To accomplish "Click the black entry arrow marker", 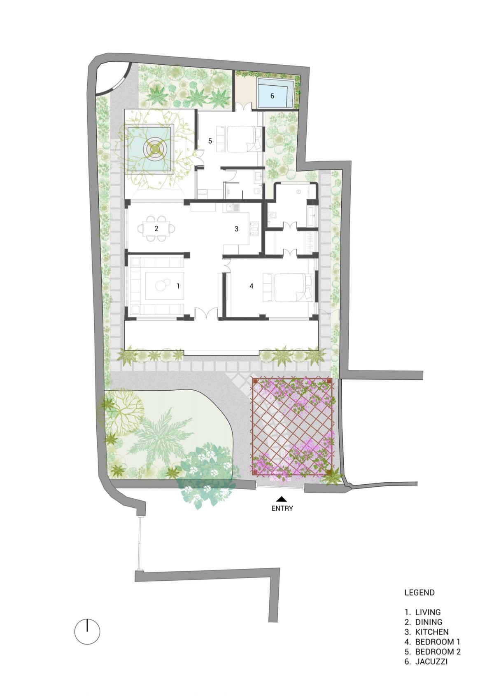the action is click(282, 499).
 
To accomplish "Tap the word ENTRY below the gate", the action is click(282, 508).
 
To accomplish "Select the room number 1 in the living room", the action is click(178, 286).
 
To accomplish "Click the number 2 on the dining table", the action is click(156, 228).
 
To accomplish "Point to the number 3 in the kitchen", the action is click(237, 229).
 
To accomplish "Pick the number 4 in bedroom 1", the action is click(252, 286).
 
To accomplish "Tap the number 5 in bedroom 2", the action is click(210, 141).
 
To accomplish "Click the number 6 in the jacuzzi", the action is click(272, 96).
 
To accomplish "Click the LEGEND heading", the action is click(419, 592).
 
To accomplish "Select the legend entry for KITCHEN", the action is click(426, 632).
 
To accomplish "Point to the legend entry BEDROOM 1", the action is click(432, 642).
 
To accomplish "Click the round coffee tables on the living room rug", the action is click(162, 284).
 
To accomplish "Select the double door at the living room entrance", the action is click(206, 313).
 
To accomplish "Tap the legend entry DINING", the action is click(423, 621).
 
